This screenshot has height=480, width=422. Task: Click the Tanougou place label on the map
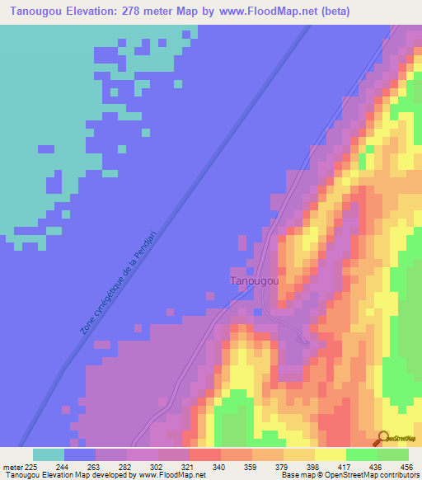(x=254, y=281)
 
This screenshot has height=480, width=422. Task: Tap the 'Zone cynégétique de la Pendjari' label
(x=120, y=283)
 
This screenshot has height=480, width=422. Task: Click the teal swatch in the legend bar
(x=48, y=454)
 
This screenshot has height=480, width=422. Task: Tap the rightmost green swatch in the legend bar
(x=393, y=454)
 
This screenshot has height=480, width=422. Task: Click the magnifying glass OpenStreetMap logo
(x=382, y=438)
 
